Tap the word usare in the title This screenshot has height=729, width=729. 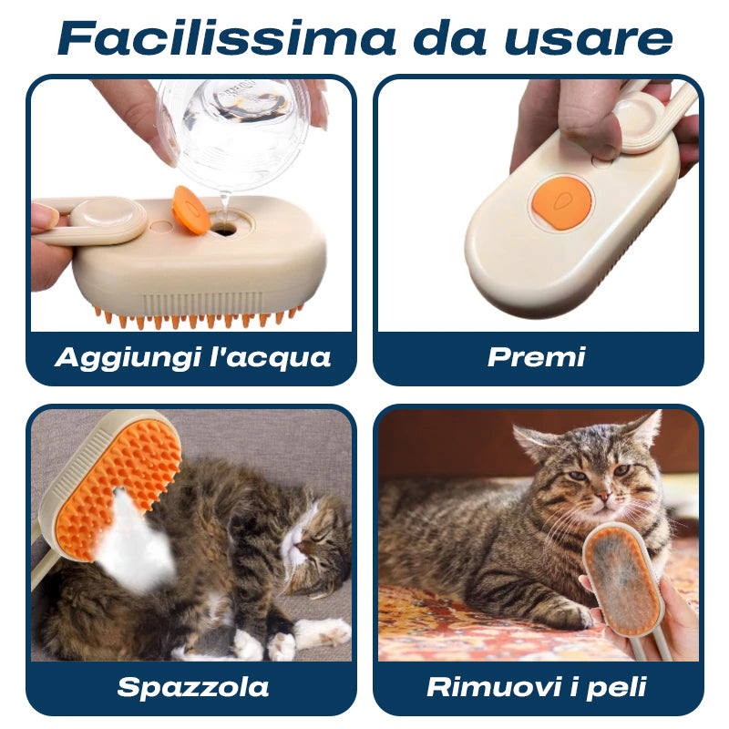point(588,40)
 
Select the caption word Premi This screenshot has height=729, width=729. point(536,357)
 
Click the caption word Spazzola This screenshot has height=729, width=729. point(192,688)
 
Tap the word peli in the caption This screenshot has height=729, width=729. point(617,688)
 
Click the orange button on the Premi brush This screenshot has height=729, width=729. point(561,202)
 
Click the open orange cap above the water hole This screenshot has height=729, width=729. point(190,210)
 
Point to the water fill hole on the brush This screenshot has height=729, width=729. point(224,228)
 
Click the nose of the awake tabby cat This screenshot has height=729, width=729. point(603,496)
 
